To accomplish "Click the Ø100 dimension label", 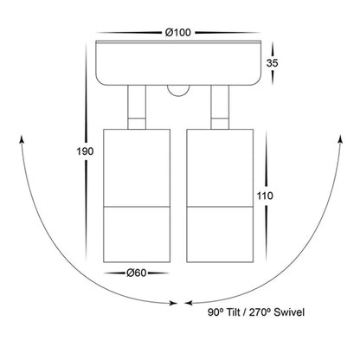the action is tap(178, 32).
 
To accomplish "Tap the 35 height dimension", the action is tap(272, 63).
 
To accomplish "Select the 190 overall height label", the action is tap(85, 151).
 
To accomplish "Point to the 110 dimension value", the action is tap(265, 196).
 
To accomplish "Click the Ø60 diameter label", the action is tap(137, 273).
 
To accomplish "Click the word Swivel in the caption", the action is tap(289, 312).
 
